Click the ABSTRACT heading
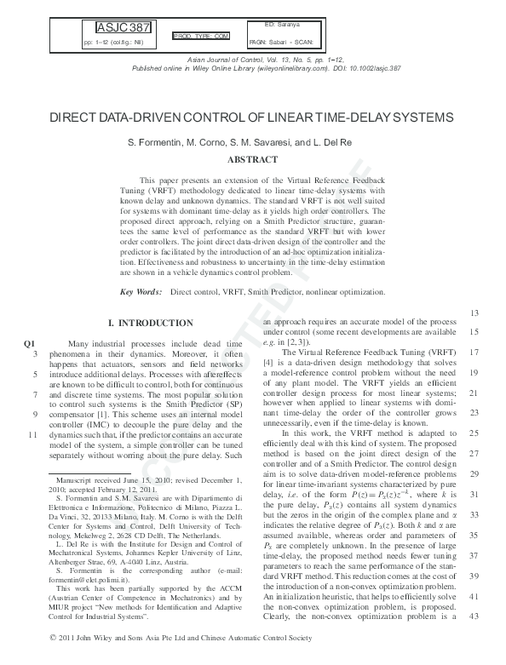252,159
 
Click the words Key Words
141,292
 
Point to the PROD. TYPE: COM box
202,37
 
